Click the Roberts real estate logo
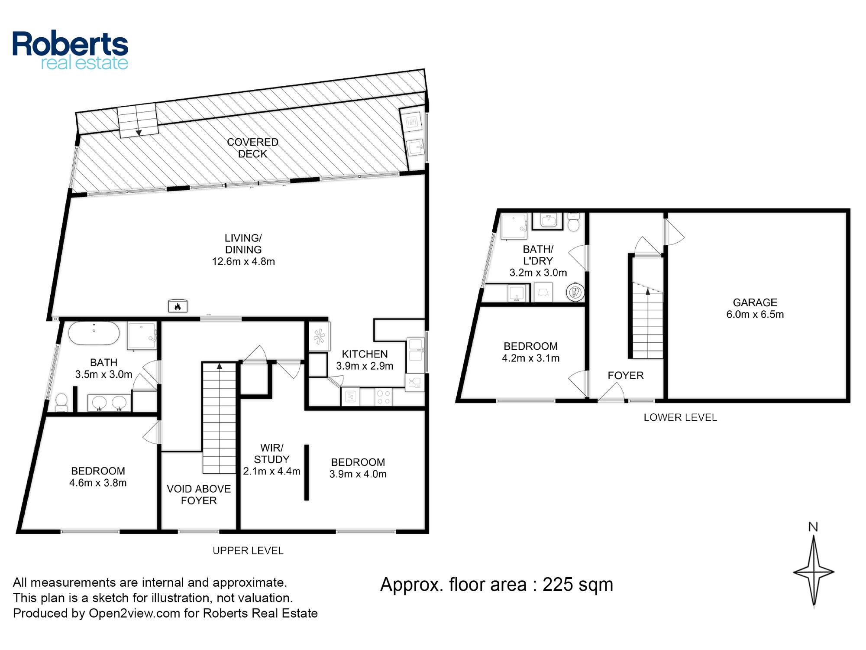tap(70, 50)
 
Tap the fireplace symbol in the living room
tap(178, 305)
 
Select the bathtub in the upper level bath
tap(94, 333)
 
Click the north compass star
tap(814, 571)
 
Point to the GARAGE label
tap(755, 302)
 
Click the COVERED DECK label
tap(252, 148)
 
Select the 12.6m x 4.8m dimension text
tap(243, 261)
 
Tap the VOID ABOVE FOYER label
tap(199, 494)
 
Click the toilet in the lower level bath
tap(574, 222)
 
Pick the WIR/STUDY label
tap(271, 453)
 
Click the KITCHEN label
tap(365, 354)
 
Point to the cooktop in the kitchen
tap(383, 397)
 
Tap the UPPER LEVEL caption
tap(248, 551)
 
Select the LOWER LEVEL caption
tap(680, 417)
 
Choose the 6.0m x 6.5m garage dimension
tap(755, 314)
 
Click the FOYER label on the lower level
tap(625, 375)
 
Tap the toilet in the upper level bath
tap(61, 402)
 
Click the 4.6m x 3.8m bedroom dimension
tap(98, 483)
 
